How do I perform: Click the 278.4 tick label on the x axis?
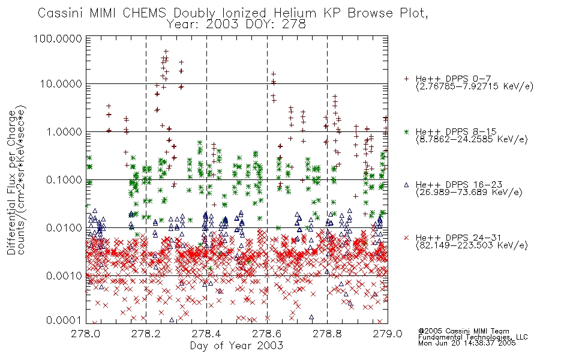[x=206, y=334]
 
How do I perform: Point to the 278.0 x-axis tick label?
[x=86, y=334]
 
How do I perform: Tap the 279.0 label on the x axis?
[x=388, y=334]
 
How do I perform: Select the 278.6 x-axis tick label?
[x=267, y=334]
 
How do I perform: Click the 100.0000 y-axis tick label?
[x=58, y=38]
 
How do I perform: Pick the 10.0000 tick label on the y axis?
[x=61, y=84]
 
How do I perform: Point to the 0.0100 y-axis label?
[x=64, y=228]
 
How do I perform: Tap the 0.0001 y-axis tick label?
[x=64, y=320]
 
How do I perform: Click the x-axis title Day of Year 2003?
[x=236, y=346]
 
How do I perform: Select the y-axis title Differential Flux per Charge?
[x=11, y=182]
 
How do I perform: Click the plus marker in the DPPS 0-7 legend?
[x=406, y=79]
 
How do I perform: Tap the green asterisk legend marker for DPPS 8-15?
[x=406, y=131]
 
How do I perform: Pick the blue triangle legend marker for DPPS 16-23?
[x=406, y=185]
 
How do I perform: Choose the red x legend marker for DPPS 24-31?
[x=406, y=238]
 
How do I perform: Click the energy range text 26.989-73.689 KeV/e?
[x=469, y=193]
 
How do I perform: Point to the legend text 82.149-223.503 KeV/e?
[x=472, y=245]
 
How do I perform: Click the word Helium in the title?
[x=295, y=13]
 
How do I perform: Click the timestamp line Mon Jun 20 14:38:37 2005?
[x=467, y=343]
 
